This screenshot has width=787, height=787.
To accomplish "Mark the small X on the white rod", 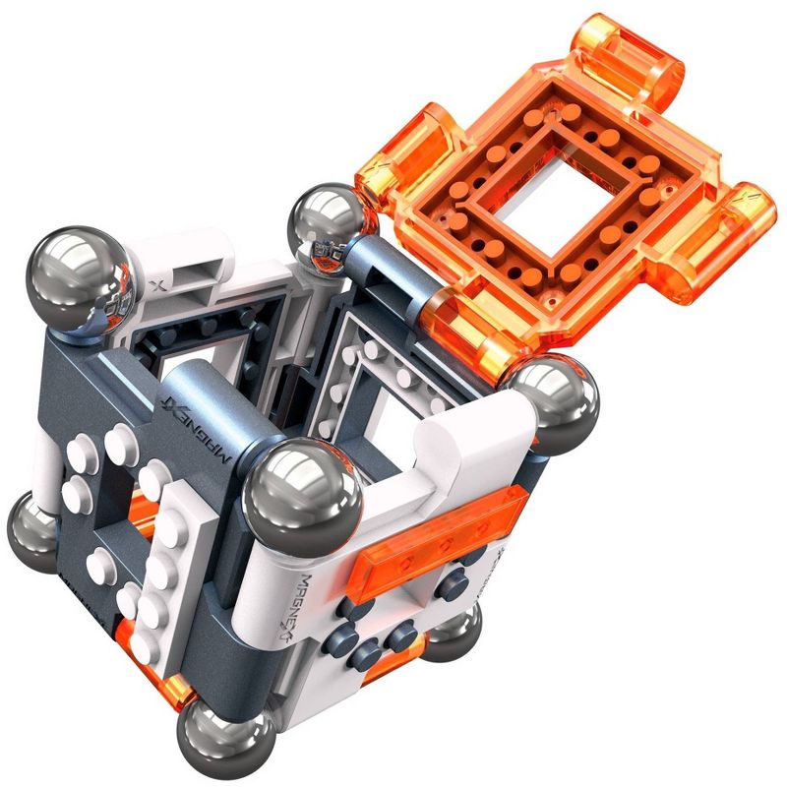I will pos(159,286).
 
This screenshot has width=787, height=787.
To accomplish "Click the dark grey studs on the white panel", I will pos(393,630).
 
